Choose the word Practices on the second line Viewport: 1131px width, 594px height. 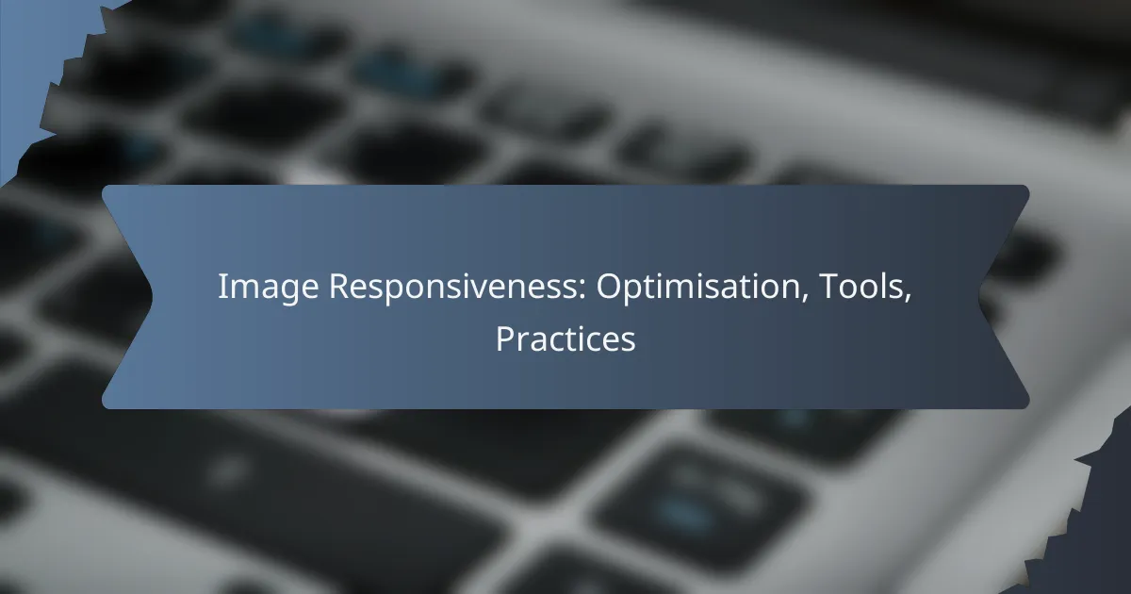click(x=565, y=339)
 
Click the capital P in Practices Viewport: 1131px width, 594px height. click(x=503, y=339)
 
